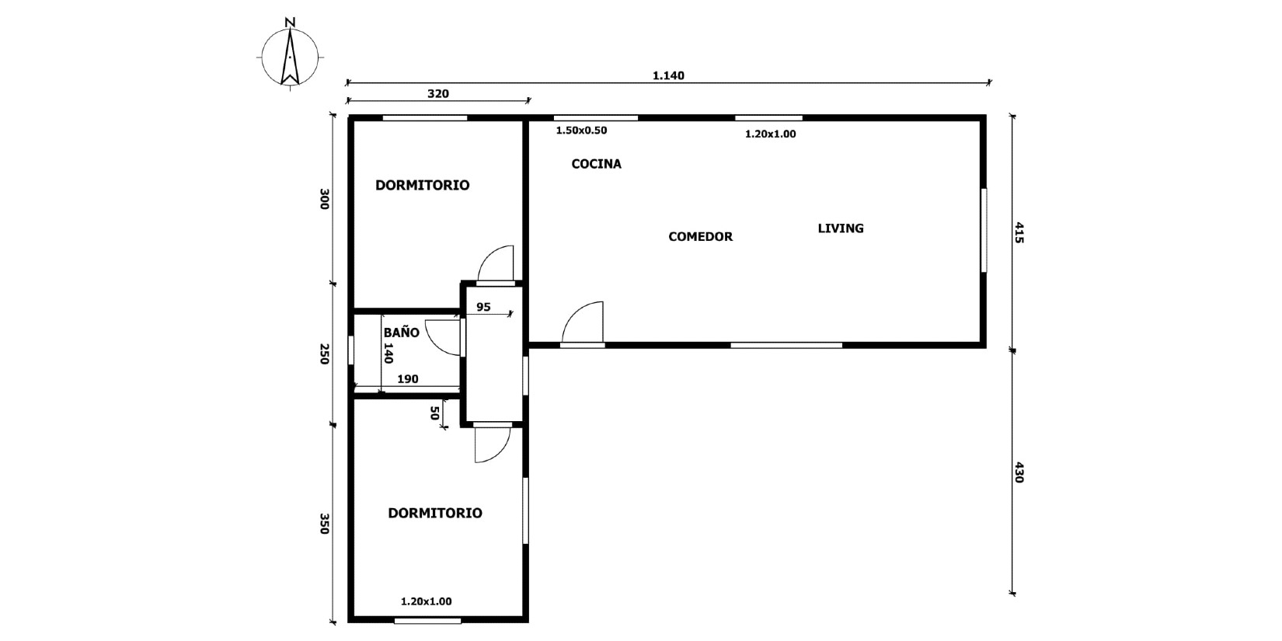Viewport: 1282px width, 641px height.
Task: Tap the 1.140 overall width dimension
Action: [x=668, y=75]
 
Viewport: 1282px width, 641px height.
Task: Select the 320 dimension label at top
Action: [x=438, y=94]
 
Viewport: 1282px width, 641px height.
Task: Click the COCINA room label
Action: [x=597, y=164]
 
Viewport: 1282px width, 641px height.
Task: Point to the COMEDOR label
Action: [x=701, y=236]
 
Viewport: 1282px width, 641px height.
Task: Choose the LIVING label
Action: [x=841, y=228]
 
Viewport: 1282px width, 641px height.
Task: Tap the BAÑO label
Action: [x=401, y=332]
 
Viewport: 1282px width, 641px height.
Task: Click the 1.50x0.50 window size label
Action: [x=581, y=131]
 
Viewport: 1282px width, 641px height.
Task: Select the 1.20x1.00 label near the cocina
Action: [x=770, y=134]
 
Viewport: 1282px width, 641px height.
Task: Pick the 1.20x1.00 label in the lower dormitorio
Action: [x=427, y=601]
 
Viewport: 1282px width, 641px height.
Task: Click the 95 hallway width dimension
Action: [x=483, y=308]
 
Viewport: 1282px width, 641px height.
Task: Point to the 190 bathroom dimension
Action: [x=408, y=379]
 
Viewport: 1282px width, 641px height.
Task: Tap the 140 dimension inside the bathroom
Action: [x=388, y=353]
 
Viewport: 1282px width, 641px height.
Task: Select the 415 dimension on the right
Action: [x=1019, y=233]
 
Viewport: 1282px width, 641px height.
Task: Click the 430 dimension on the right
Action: [x=1019, y=472]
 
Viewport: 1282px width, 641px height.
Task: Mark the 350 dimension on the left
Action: [x=324, y=524]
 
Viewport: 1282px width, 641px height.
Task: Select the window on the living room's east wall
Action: [x=984, y=230]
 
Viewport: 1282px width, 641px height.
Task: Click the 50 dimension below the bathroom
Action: [x=434, y=413]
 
